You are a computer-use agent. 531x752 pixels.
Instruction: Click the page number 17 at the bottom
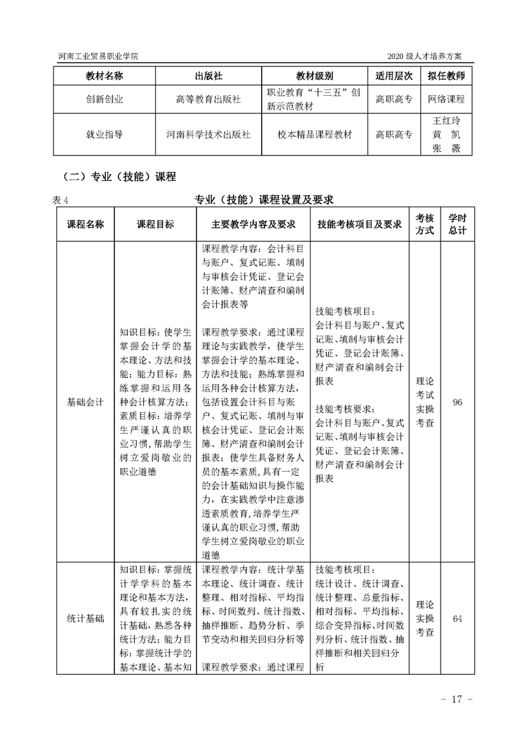pyautogui.click(x=457, y=700)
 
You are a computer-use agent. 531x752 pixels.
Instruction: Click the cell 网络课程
pyautogui.click(x=447, y=99)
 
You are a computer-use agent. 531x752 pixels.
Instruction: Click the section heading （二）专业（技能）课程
pyautogui.click(x=118, y=177)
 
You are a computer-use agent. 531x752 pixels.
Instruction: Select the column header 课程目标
pyautogui.click(x=155, y=225)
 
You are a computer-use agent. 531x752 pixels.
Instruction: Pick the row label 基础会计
pyautogui.click(x=85, y=403)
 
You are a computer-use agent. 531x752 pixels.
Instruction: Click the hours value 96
pyautogui.click(x=458, y=403)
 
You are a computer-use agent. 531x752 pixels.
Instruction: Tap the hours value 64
pyautogui.click(x=458, y=618)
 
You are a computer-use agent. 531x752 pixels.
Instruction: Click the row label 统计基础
pyautogui.click(x=85, y=618)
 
